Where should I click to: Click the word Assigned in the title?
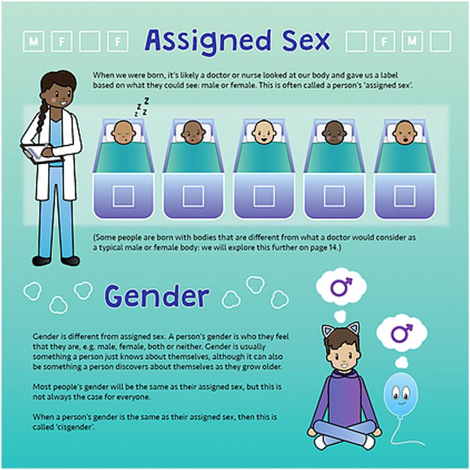point(207,41)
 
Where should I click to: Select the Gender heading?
point(157,296)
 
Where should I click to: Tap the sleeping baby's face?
point(123,132)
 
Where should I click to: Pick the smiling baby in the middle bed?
point(263,132)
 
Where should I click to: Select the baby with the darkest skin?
point(334,132)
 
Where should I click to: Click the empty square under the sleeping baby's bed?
point(123,196)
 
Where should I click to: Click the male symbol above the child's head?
point(341,286)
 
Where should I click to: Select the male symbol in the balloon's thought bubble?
point(402,333)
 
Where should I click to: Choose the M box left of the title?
point(33,41)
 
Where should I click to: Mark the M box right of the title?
point(413,41)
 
